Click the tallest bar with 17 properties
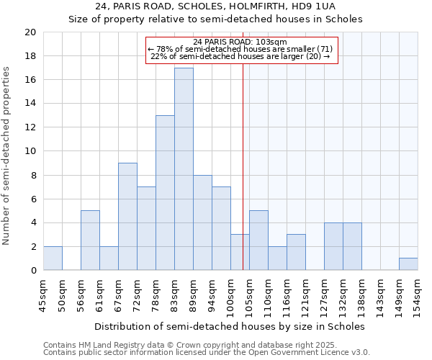point(184,169)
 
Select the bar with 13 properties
point(165,193)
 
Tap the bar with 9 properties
point(127,217)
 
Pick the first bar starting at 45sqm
point(53,258)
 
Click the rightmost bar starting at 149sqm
point(408,264)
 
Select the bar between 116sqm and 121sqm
point(296,252)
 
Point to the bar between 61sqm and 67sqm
point(109,258)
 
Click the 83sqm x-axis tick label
point(174,294)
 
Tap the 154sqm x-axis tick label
point(418,294)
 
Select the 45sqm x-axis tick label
point(43,294)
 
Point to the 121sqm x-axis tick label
point(305,294)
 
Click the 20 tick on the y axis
point(30,32)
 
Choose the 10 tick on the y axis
point(30,151)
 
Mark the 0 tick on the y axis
point(33,271)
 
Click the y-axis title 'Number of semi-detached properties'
point(7,156)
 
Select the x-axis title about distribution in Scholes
point(230,326)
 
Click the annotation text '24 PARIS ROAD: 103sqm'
point(240,42)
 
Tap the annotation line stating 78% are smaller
point(240,49)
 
